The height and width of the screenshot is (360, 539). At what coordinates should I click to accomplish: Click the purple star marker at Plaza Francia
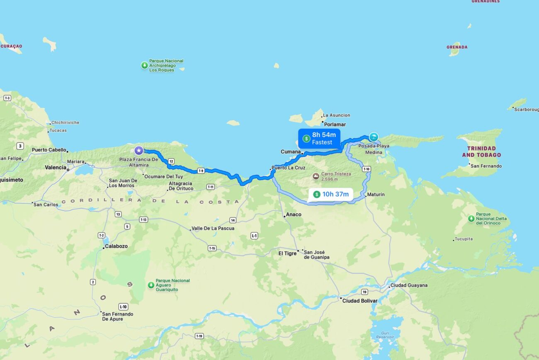(x=139, y=151)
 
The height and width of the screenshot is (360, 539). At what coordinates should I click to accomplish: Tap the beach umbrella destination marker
(x=374, y=137)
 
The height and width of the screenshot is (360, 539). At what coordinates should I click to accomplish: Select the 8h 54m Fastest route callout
(x=319, y=139)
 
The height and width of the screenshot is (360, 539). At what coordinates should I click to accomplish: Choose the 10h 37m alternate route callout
(x=330, y=194)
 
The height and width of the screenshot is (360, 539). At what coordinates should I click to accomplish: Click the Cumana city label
(x=290, y=152)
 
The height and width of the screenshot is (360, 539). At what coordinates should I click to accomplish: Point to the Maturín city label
(x=376, y=195)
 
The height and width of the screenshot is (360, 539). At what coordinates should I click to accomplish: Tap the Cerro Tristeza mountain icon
(x=316, y=176)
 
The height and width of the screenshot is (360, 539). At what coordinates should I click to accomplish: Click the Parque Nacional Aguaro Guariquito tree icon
(x=151, y=285)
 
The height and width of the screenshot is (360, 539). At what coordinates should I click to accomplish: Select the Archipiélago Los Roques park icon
(x=144, y=65)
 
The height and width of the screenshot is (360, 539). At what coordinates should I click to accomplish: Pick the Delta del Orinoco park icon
(x=471, y=219)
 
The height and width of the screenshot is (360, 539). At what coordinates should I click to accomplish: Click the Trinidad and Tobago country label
(x=481, y=151)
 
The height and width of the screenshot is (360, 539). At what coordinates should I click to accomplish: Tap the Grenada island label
(x=457, y=47)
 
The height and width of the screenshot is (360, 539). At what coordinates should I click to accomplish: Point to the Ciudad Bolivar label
(x=359, y=301)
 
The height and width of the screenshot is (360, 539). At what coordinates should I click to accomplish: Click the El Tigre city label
(x=287, y=253)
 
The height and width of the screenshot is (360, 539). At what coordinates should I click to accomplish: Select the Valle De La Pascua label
(x=213, y=229)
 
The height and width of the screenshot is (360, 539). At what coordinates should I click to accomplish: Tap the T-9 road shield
(x=201, y=170)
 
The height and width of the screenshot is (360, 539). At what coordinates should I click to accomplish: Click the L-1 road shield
(x=254, y=236)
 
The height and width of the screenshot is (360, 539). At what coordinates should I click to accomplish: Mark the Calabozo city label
(x=115, y=246)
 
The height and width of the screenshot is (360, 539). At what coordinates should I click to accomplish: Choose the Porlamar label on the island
(x=335, y=124)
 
